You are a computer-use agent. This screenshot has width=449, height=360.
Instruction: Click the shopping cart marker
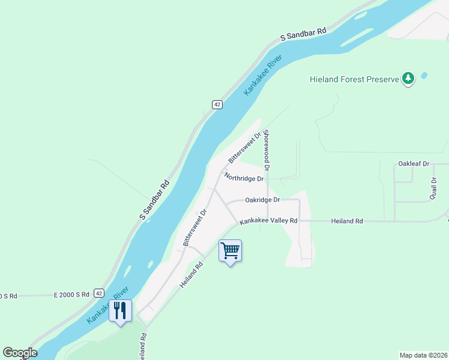pos(230,251)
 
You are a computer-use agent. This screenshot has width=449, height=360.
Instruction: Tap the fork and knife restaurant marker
pos(120,310)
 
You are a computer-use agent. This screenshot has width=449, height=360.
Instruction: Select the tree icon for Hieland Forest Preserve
pos(408,79)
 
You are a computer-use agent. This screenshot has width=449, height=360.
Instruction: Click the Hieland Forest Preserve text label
pos(354,79)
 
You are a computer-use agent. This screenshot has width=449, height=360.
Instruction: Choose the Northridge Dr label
pos(244,178)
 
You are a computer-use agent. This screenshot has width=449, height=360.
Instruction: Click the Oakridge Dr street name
pos(262,200)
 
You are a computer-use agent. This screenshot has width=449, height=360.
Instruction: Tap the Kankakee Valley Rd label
pos(268,221)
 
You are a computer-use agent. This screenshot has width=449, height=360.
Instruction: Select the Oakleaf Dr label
pos(414,164)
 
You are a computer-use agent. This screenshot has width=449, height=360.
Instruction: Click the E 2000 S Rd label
pos(71,294)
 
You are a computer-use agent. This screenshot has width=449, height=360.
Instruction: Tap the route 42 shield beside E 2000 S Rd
pos(98,293)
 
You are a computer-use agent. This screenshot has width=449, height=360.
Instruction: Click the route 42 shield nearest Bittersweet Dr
pos(217,104)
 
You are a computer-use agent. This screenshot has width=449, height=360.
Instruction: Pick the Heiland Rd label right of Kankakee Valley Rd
pos(347,221)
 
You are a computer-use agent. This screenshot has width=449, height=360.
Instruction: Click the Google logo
pos(20,353)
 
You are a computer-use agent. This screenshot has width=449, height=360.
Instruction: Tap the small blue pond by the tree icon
pos(424,76)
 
